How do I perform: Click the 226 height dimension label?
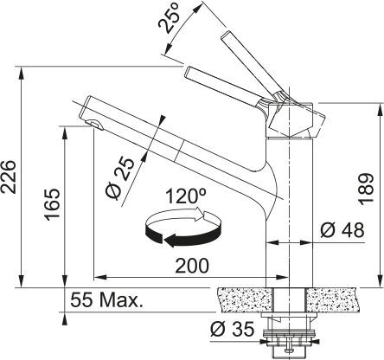(x=8, y=177)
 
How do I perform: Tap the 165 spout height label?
(x=52, y=204)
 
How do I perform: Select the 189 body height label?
(x=366, y=189)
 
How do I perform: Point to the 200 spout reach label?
(x=192, y=266)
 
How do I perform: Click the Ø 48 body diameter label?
(x=342, y=230)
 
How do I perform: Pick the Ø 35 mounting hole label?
(x=233, y=329)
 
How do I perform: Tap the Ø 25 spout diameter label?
(x=119, y=179)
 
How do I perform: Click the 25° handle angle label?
(x=170, y=18)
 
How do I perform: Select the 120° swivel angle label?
(x=186, y=196)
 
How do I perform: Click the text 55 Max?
(x=107, y=300)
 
